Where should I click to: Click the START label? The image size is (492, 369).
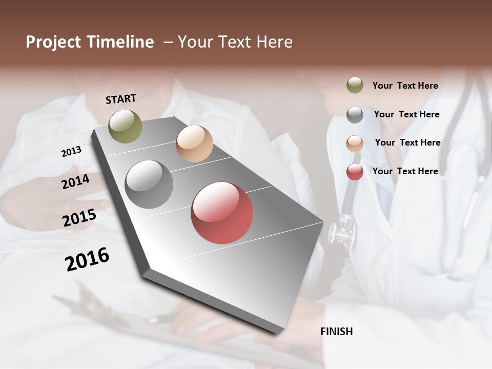click(x=121, y=99)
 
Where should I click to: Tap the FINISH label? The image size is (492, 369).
click(x=337, y=332)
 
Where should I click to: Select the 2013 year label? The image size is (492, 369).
click(x=71, y=152)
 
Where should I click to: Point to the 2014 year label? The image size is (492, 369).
click(x=75, y=181)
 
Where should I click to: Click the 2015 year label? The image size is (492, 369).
click(x=79, y=218)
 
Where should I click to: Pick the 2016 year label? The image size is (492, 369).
click(x=87, y=259)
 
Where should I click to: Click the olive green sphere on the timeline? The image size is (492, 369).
click(x=125, y=126)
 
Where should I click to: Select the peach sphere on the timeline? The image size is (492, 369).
click(x=194, y=143)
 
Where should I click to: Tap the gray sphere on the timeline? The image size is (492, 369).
click(x=149, y=184)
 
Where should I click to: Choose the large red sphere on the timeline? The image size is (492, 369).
click(x=222, y=213)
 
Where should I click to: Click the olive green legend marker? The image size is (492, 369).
click(x=355, y=85)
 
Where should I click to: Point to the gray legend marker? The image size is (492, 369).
click(x=355, y=115)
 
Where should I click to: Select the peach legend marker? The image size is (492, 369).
click(x=355, y=143)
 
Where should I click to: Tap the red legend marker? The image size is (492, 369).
click(x=355, y=172)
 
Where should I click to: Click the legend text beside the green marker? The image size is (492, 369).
click(x=405, y=86)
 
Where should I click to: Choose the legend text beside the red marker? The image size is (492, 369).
click(x=405, y=171)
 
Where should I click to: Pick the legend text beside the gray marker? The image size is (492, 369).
click(x=406, y=114)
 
